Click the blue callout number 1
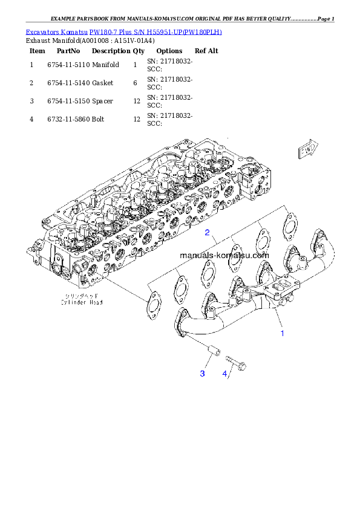[x=281, y=332]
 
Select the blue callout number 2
[x=207, y=232]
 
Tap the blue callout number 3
[x=203, y=374]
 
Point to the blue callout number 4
[x=224, y=374]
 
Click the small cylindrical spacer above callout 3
[x=212, y=350]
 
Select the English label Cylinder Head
[x=84, y=302]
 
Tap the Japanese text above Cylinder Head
[x=84, y=296]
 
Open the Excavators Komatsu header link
[x=123, y=31]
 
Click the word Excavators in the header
[x=42, y=31]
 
